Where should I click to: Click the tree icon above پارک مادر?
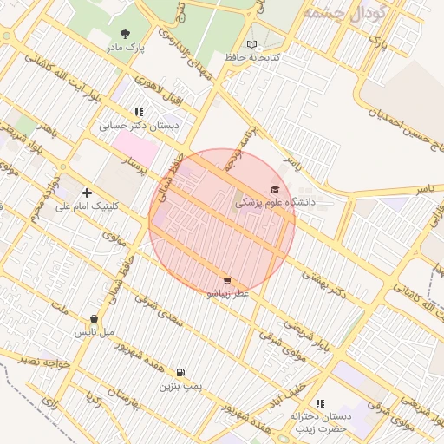pyautogui.click(x=127, y=35)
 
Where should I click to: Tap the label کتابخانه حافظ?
pyautogui.click(x=251, y=57)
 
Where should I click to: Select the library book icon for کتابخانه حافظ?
pyautogui.click(x=252, y=44)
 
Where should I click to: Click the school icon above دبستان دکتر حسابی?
pyautogui.click(x=139, y=112)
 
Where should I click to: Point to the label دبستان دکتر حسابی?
pyautogui.click(x=139, y=125)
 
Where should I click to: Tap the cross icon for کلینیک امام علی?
pyautogui.click(x=86, y=193)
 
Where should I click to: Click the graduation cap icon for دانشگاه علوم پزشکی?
pyautogui.click(x=275, y=189)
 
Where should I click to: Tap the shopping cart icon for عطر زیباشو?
pyautogui.click(x=227, y=281)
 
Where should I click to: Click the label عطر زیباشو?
pyautogui.click(x=227, y=293)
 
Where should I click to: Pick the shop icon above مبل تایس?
pyautogui.click(x=94, y=319)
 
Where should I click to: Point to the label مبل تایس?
pyautogui.click(x=94, y=331)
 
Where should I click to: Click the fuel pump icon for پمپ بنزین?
pyautogui.click(x=180, y=372)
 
